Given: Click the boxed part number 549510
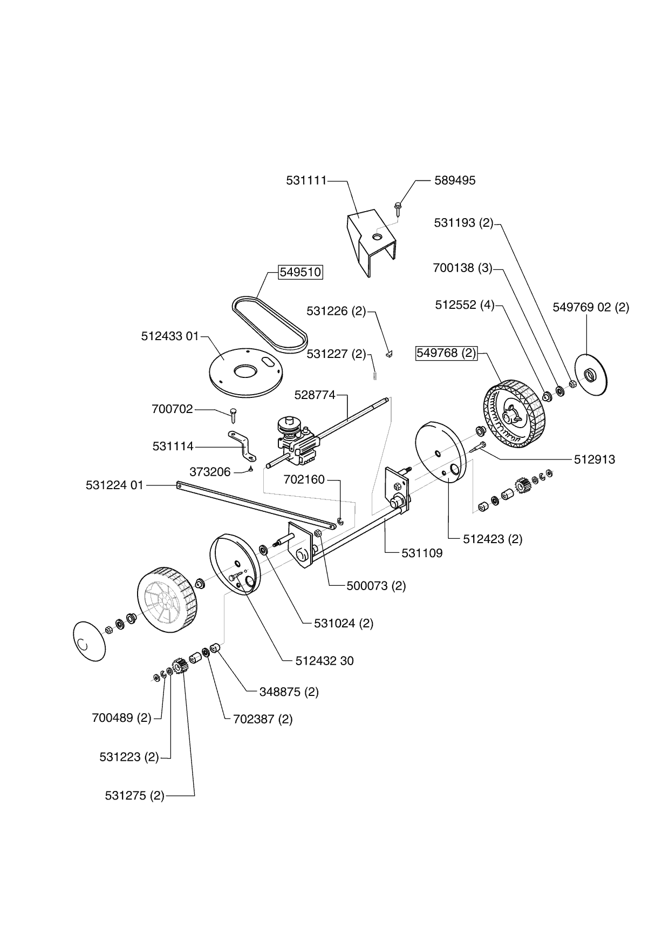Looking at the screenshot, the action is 301,272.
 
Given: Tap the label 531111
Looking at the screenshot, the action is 306,180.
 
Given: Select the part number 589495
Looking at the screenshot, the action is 455,180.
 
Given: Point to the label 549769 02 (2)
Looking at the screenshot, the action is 591,307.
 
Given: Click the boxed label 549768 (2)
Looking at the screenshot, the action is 446,353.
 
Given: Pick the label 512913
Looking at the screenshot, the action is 594,459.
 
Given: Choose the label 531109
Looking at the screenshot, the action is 422,553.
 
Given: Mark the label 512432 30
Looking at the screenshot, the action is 325,661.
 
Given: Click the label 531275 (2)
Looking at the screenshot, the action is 134,796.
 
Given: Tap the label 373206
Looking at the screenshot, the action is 210,472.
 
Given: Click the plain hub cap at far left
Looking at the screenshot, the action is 89,640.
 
